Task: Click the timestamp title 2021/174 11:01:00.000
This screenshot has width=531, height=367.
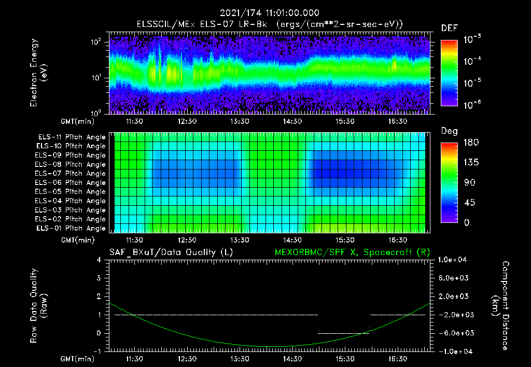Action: click(x=269, y=13)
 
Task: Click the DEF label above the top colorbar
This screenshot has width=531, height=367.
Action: click(x=449, y=28)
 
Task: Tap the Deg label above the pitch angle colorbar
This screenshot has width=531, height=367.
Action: click(x=449, y=131)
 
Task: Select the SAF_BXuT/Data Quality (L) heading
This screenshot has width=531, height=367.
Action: click(x=171, y=252)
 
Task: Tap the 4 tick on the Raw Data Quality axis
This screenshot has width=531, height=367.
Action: click(x=100, y=260)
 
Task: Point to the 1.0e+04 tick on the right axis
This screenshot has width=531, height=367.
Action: click(x=454, y=260)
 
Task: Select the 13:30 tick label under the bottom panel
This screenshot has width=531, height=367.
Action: click(x=240, y=359)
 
